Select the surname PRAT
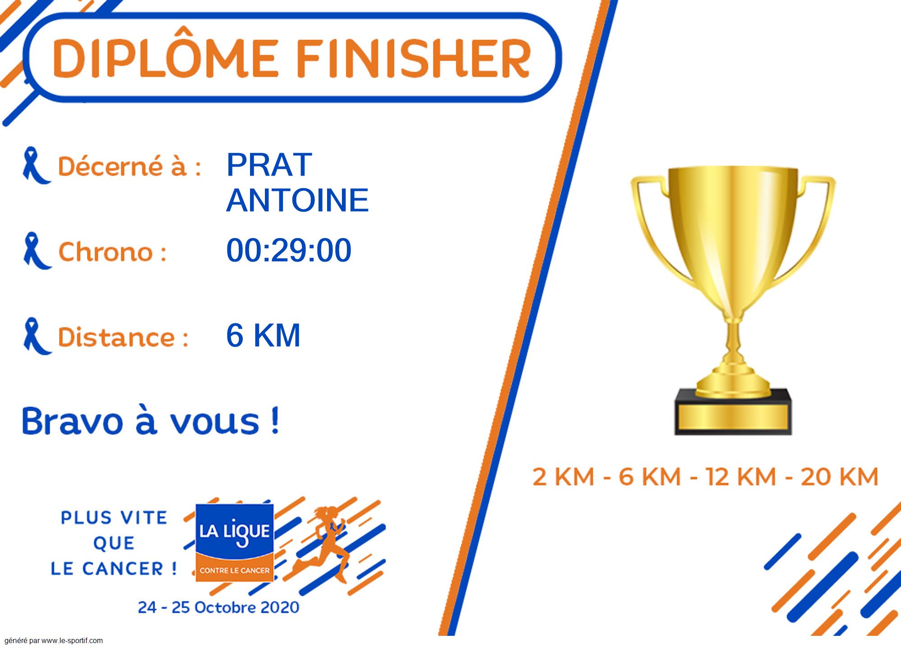click(x=269, y=165)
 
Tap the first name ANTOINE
click(x=297, y=200)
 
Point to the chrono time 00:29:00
click(x=289, y=250)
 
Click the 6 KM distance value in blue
click(x=263, y=335)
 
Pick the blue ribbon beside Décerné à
click(x=36, y=165)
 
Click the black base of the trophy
click(x=733, y=412)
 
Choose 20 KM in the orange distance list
click(x=839, y=477)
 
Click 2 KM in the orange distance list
click(x=563, y=477)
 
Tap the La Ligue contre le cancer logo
click(x=234, y=542)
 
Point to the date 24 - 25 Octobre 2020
click(x=218, y=607)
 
